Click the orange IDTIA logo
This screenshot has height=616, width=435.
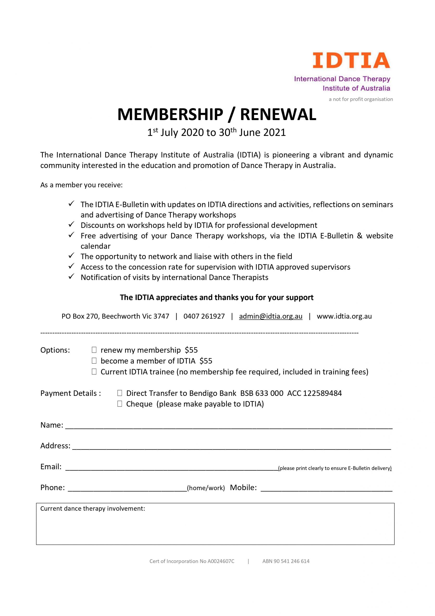(x=351, y=60)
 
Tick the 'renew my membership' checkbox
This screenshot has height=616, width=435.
(x=94, y=350)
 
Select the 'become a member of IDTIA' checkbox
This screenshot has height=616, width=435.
(x=94, y=361)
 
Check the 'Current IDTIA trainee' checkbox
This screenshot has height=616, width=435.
(x=94, y=372)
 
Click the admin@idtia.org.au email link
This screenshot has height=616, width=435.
(x=270, y=316)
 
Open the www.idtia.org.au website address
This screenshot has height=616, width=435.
(x=344, y=316)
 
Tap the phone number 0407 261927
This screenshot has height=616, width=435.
(x=204, y=316)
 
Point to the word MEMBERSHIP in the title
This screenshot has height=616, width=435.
(x=170, y=115)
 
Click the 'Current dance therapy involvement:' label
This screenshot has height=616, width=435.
(x=93, y=509)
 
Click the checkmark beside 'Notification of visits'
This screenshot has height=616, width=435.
(x=71, y=277)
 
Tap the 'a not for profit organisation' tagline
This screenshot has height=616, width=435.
(x=361, y=99)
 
